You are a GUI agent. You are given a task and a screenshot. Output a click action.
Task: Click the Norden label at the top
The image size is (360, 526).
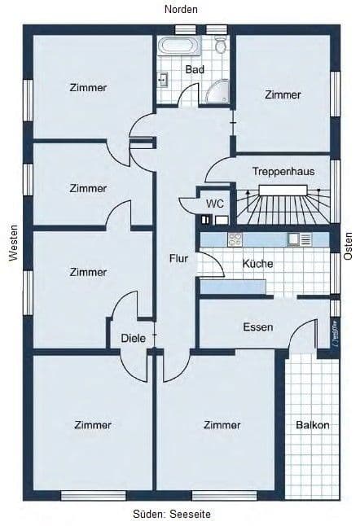click(x=181, y=9)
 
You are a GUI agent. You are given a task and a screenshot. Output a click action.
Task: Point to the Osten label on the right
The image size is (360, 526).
click(x=349, y=243)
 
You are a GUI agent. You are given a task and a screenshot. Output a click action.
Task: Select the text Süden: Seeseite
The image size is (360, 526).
click(x=181, y=515)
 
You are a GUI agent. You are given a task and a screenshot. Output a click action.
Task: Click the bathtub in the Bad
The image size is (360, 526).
click(x=178, y=46)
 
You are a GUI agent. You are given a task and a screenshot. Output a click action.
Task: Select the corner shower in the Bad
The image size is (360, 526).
click(x=218, y=94)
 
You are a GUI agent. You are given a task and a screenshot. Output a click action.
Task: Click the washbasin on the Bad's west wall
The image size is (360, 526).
click(x=163, y=80)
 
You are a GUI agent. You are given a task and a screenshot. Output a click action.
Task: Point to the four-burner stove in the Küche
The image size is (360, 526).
click(x=235, y=239)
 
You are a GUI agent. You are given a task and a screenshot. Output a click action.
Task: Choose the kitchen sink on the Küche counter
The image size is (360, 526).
click(x=295, y=239)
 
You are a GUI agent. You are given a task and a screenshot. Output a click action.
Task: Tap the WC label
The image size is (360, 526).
click(x=215, y=203)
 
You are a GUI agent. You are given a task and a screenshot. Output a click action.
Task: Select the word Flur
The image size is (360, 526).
click(x=178, y=259)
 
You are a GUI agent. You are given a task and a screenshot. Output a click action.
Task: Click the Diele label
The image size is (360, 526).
click(x=132, y=337)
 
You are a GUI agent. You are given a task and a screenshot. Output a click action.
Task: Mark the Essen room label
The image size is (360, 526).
click(x=257, y=327)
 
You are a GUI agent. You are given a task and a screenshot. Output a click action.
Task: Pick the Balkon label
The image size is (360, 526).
click(x=313, y=425)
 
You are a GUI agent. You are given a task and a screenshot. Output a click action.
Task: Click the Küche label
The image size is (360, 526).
click(x=257, y=264)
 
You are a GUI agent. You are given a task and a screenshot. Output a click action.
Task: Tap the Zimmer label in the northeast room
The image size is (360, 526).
click(x=283, y=94)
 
